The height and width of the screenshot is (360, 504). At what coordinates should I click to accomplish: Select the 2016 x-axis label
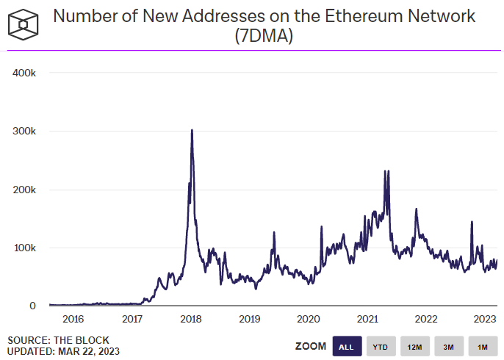pos(73,319)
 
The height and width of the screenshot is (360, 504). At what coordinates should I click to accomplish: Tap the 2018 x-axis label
pos(191,319)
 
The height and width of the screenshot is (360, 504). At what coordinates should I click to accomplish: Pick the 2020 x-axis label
pos(309,319)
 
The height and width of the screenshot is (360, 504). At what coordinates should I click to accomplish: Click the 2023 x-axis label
pos(485,319)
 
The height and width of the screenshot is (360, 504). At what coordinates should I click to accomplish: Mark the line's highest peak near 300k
pos(192,131)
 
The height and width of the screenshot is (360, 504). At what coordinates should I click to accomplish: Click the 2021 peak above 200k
pos(386,171)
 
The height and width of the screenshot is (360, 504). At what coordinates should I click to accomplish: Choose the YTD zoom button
pos(381,346)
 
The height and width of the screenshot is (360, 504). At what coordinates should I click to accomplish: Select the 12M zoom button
pos(414,346)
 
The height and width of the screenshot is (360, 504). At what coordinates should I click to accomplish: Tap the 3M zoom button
pos(448,346)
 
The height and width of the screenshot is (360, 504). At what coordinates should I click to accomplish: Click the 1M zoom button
pos(482,346)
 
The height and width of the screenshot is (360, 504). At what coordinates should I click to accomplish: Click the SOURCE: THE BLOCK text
pos(59,340)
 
